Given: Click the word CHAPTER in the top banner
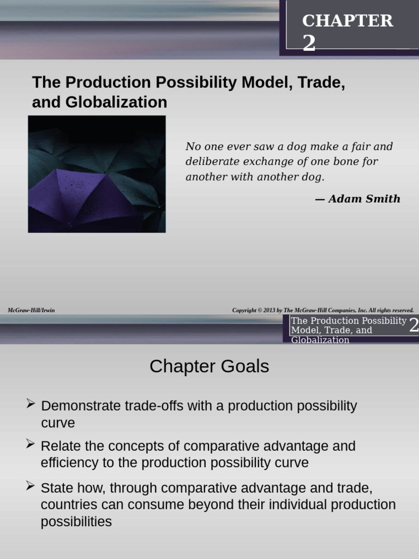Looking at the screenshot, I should coord(348,21).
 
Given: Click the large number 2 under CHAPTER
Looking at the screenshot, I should coord(309,43).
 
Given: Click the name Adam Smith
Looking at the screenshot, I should coord(364,199).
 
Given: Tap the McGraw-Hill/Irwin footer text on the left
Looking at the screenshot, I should coord(31,310).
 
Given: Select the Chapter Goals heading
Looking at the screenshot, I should coord(209,366).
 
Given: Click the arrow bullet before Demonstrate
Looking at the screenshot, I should coord(31,404).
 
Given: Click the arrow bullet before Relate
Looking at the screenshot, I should coord(31,444).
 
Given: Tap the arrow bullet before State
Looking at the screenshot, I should coord(31,485).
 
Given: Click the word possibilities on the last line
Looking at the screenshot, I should coord(76,522).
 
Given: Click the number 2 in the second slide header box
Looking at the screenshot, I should coord(414,325).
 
